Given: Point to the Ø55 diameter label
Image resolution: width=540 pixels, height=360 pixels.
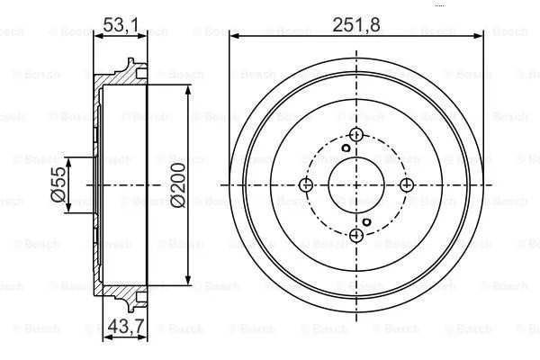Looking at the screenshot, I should [x=58, y=184].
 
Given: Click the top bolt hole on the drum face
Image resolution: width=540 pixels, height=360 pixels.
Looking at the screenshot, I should [x=355, y=134].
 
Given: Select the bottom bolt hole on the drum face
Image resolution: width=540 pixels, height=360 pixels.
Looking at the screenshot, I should [x=355, y=235].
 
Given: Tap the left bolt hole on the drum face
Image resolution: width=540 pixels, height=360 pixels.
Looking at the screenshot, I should [x=305, y=184].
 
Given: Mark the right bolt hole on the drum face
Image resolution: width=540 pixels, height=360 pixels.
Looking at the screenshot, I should [x=406, y=184].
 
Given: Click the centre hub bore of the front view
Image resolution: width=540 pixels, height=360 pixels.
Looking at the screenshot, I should [x=355, y=184].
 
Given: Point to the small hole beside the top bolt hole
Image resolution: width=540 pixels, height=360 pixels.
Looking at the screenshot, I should [x=345, y=148].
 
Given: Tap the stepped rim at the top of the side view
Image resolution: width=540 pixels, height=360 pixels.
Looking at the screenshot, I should [x=135, y=68].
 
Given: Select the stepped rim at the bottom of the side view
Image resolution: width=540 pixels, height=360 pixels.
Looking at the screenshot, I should [x=135, y=301].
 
